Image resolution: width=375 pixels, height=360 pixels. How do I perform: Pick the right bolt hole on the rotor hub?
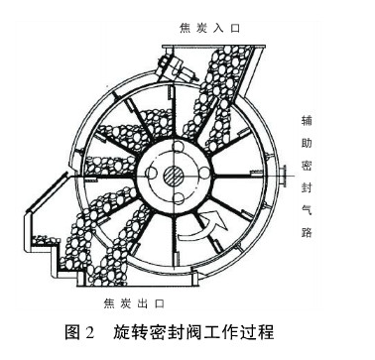point(199,173)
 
